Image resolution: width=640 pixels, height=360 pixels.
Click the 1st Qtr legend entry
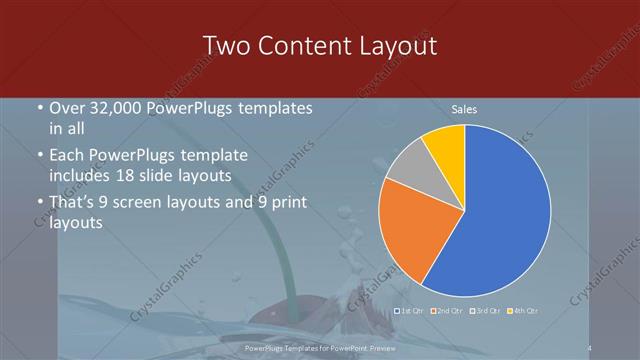point(410,310)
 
